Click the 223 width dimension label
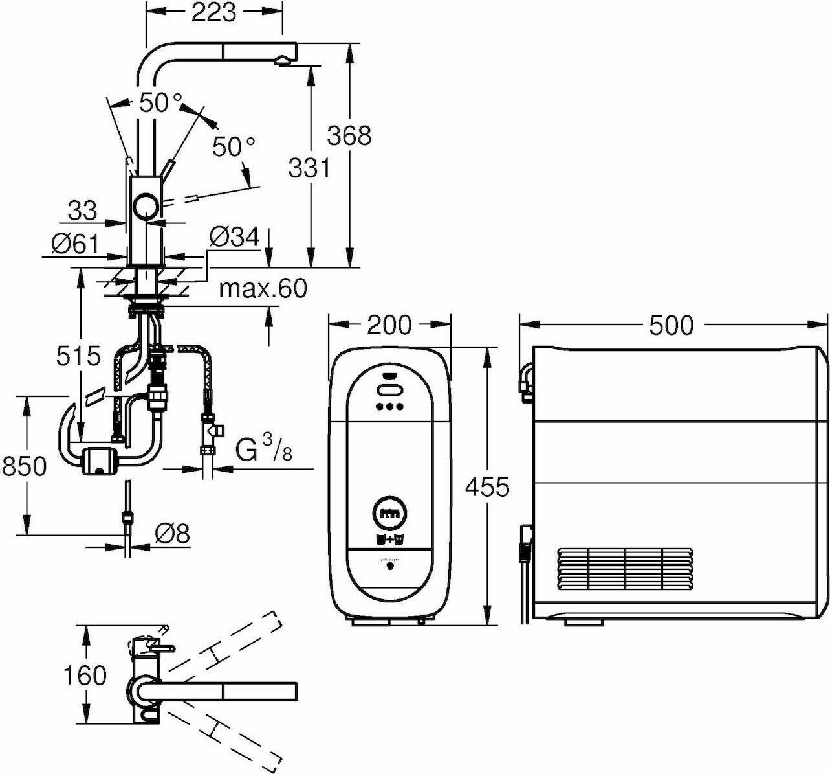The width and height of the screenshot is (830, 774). point(214,12)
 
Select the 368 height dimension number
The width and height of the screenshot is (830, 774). point(349,135)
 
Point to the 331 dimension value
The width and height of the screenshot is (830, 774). point(309,168)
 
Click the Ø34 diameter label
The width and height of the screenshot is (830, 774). point(234,237)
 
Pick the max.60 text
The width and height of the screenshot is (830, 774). point(262,288)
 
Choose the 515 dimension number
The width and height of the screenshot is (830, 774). point(78,356)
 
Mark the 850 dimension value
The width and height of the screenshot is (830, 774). point(24,466)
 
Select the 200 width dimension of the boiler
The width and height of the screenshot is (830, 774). point(389,324)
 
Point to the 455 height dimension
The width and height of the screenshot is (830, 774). point(487,486)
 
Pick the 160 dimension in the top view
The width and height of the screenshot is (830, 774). point(85,676)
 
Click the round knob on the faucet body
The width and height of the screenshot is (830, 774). point(146,207)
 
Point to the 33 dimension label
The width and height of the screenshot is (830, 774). point(82,210)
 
